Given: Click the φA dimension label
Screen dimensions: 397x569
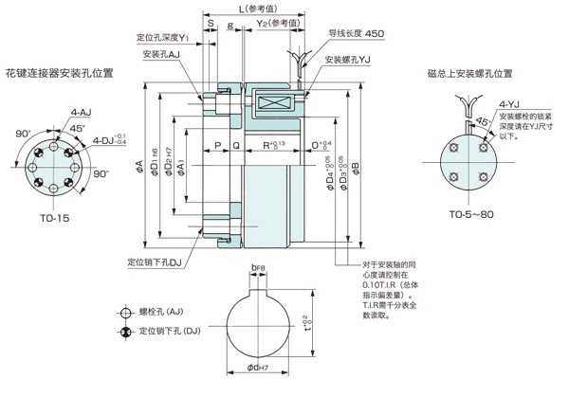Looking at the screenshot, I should (140, 168).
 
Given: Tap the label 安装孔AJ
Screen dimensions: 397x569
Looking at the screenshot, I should (161, 56).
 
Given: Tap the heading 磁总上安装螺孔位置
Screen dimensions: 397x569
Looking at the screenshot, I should (468, 72).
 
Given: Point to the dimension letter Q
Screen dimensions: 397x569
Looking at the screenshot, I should (235, 146).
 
